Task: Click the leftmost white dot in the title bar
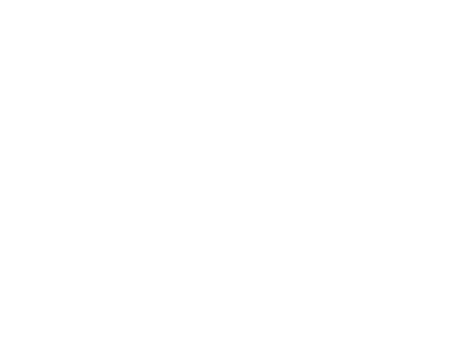point(68,63)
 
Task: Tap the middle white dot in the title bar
point(129,63)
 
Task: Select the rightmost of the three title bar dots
point(189,63)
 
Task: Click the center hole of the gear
point(82,232)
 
